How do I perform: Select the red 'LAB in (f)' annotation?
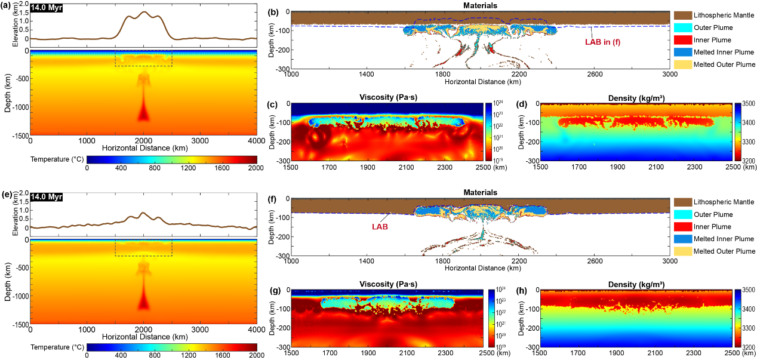point(605,42)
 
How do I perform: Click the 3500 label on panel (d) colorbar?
point(748,104)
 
